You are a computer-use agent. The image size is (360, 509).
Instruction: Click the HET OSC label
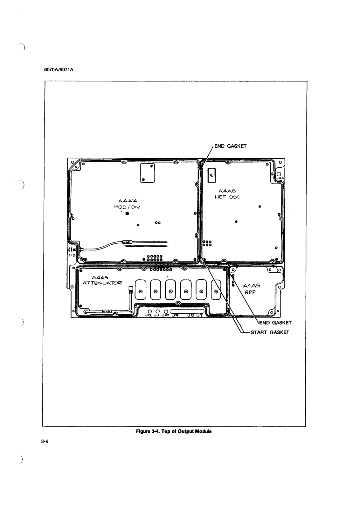point(228,197)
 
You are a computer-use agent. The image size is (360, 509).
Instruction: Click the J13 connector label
point(71,255)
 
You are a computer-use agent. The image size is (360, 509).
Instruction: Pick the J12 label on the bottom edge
point(148,315)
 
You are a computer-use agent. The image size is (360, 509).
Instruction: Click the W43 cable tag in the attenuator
point(106,312)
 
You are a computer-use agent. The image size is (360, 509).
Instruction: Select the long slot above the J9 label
point(188,310)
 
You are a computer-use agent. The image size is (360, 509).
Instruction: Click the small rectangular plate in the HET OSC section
point(211,175)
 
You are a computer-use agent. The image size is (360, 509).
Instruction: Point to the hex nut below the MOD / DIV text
point(127,214)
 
